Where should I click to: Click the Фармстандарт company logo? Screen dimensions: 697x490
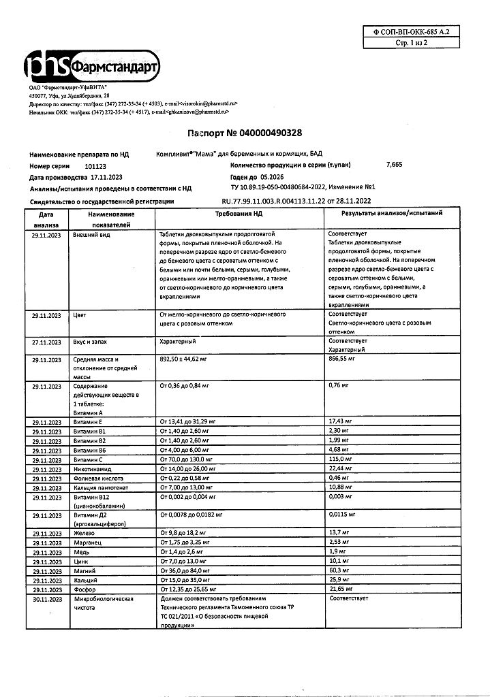[92, 67]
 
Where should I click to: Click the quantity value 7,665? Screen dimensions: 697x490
[395, 165]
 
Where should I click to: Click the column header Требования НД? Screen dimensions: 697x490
[239, 213]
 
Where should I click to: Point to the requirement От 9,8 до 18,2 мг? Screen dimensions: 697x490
[187, 532]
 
